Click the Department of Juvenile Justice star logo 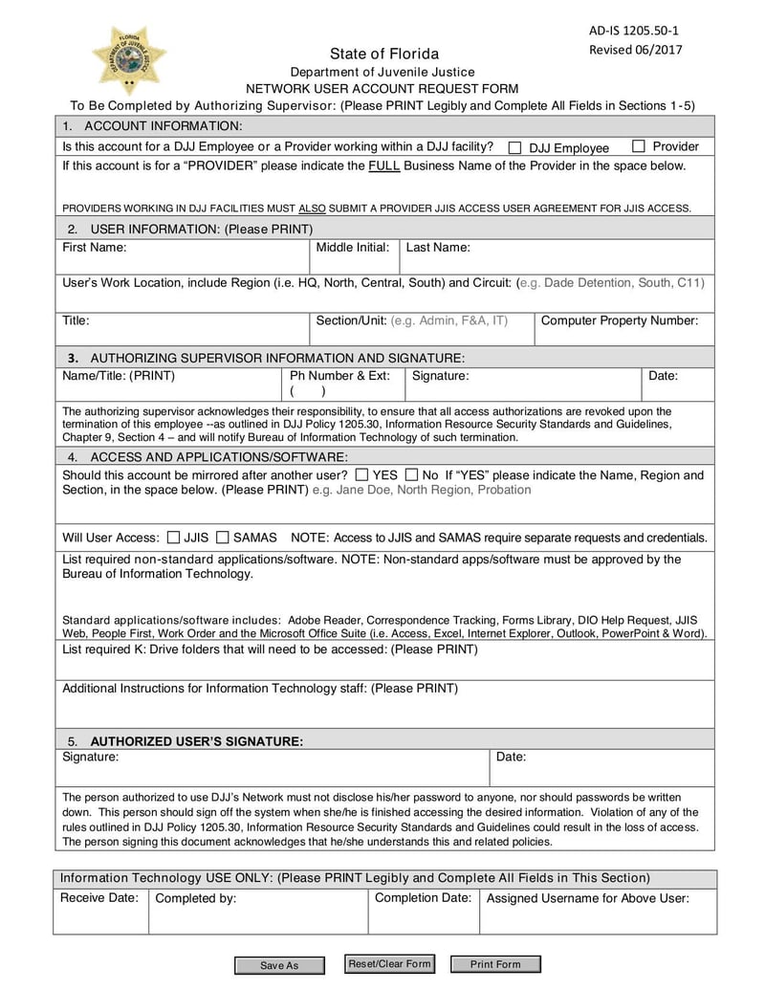[128, 59]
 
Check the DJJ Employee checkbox [514, 148]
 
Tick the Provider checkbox [639, 146]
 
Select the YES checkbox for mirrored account [361, 474]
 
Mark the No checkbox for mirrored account [411, 474]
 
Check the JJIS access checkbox [173, 538]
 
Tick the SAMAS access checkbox [222, 538]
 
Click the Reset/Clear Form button [389, 964]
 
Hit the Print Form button [495, 964]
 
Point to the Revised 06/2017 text [635, 51]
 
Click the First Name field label [95, 248]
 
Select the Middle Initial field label [352, 248]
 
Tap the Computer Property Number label [620, 321]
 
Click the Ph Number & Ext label [339, 376]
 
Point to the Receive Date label [99, 898]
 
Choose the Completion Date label [423, 898]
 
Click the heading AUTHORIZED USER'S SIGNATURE [196, 741]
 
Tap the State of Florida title [384, 54]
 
